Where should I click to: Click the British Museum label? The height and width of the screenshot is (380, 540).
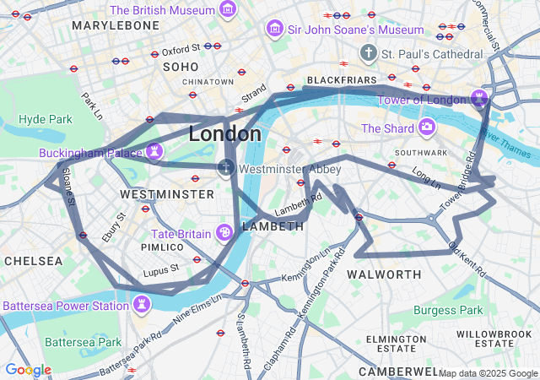pyautogui.click(x=161, y=10)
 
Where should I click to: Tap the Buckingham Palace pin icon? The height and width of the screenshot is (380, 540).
pyautogui.click(x=154, y=151)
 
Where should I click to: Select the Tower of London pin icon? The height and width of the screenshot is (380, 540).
pyautogui.click(x=480, y=100)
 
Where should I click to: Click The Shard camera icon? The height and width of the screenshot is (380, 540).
pyautogui.click(x=428, y=128)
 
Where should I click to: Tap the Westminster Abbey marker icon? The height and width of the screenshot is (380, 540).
pyautogui.click(x=226, y=168)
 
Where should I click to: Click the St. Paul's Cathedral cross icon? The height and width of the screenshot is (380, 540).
pyautogui.click(x=368, y=54)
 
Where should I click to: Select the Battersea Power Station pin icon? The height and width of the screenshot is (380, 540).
pyautogui.click(x=142, y=304)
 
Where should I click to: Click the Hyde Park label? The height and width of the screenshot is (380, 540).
pyautogui.click(x=46, y=119)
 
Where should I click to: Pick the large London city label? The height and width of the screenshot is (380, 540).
pyautogui.click(x=224, y=133)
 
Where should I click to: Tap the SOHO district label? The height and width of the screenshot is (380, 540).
pyautogui.click(x=180, y=66)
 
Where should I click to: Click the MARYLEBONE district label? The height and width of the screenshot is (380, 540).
pyautogui.click(x=116, y=25)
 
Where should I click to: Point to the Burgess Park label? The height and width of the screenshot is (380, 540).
pyautogui.click(x=448, y=310)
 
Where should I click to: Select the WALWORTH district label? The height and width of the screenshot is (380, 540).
pyautogui.click(x=384, y=274)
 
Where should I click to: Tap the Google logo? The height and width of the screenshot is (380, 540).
pyautogui.click(x=28, y=370)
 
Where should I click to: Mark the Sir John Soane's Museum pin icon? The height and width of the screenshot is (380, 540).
pyautogui.click(x=274, y=30)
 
